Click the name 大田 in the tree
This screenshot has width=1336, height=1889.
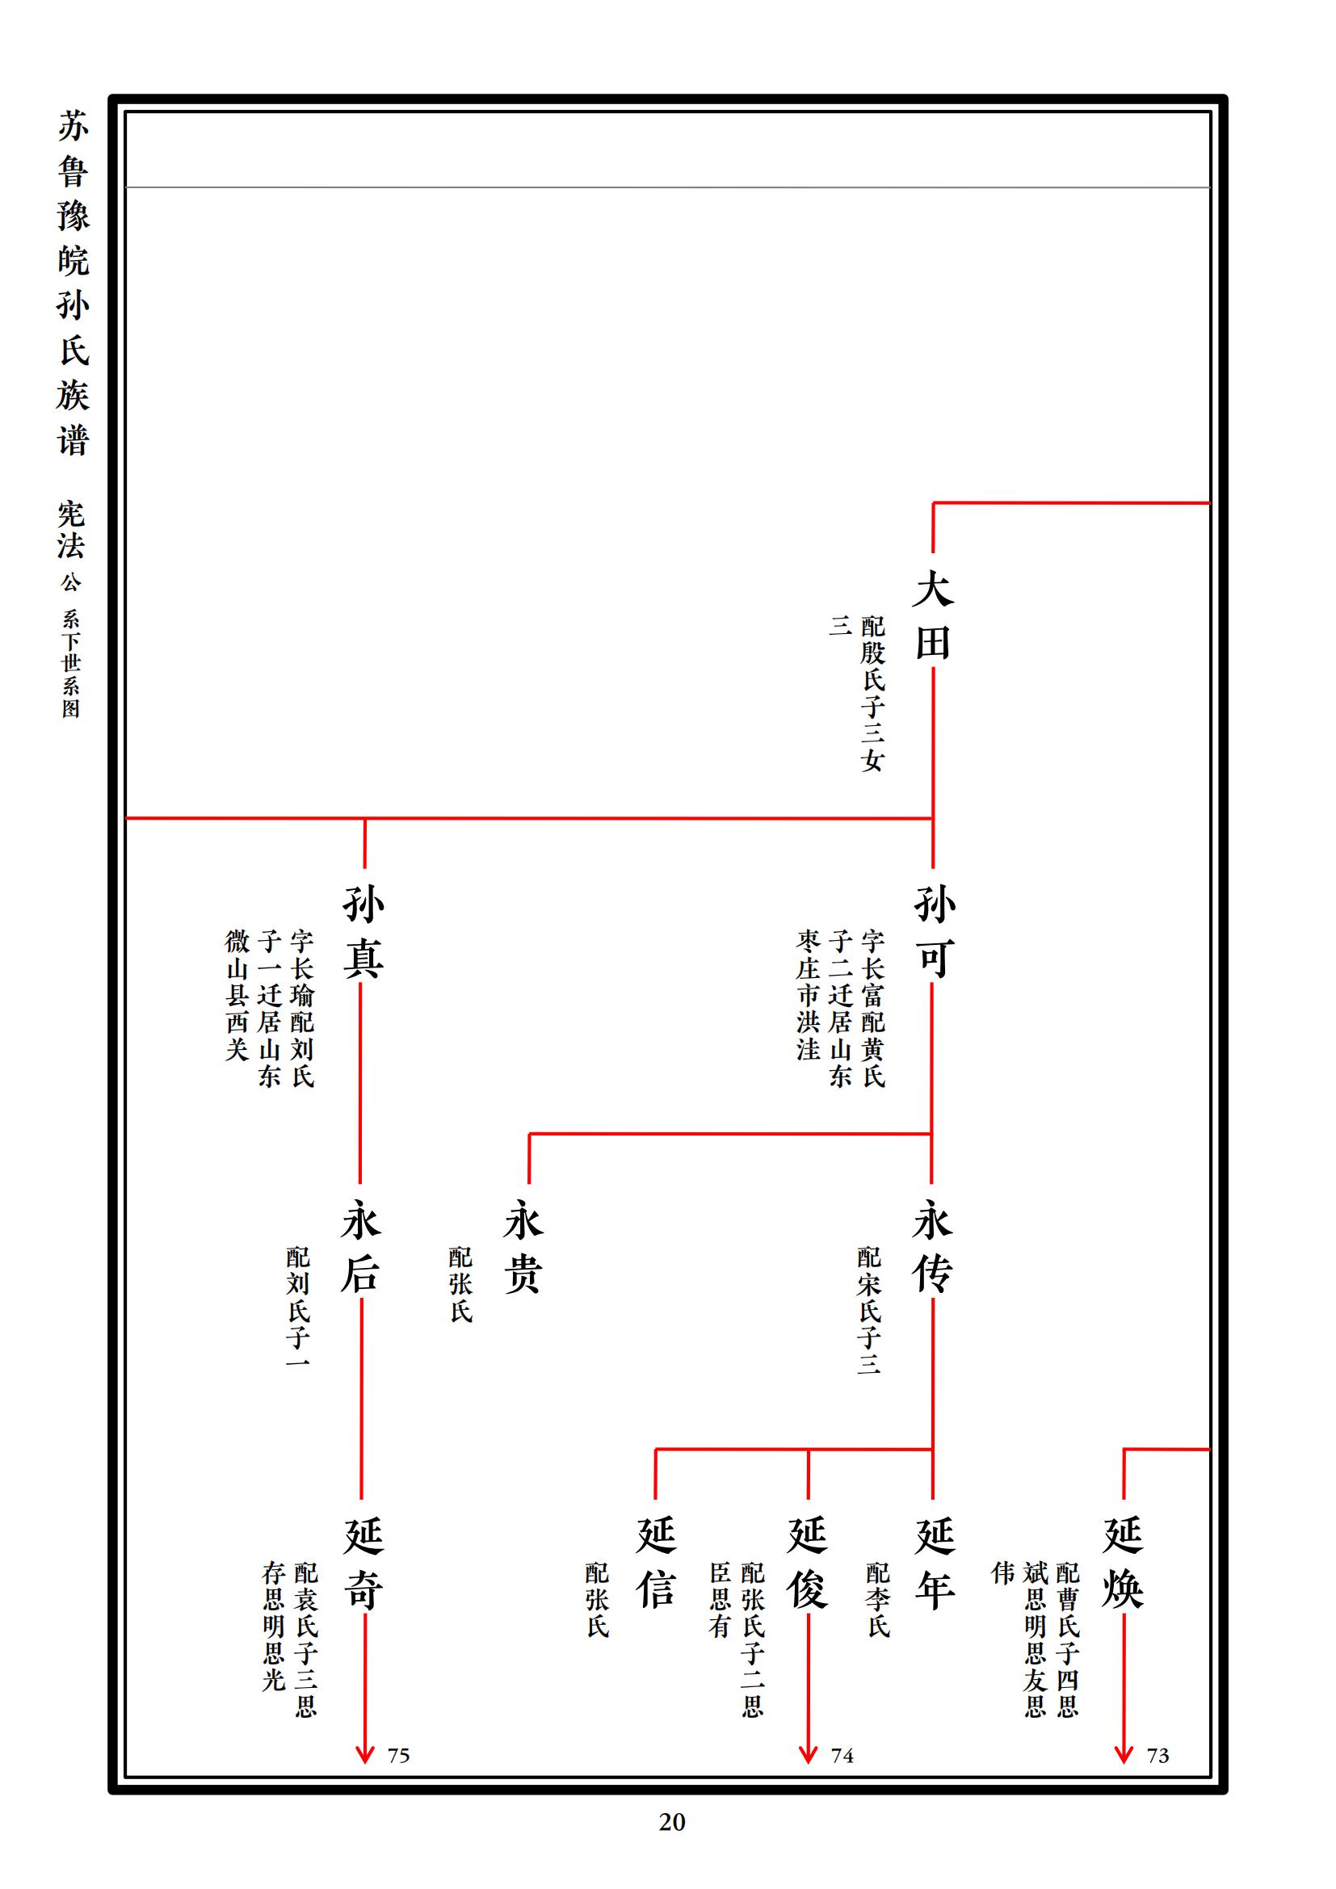click(x=933, y=615)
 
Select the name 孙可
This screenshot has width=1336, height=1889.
click(x=933, y=931)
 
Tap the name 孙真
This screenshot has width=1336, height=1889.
click(x=363, y=931)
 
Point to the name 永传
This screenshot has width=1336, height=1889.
click(x=932, y=1246)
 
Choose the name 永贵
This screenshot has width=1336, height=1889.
click(x=524, y=1246)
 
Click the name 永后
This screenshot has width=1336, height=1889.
click(x=360, y=1246)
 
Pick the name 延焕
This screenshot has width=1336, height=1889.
click(x=1123, y=1563)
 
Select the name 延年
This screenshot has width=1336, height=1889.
click(x=935, y=1563)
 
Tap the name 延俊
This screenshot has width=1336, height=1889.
click(x=808, y=1563)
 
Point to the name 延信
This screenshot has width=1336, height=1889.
click(x=656, y=1563)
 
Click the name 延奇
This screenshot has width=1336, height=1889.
click(x=363, y=1563)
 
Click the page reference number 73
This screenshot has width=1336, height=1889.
click(x=1157, y=1756)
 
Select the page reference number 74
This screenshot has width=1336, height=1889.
click(x=842, y=1756)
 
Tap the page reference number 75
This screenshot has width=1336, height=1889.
click(x=398, y=1756)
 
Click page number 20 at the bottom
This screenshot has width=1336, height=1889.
click(x=671, y=1822)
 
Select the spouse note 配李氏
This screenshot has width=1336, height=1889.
click(x=878, y=1599)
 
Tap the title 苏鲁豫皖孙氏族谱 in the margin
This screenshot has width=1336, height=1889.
click(x=73, y=283)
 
